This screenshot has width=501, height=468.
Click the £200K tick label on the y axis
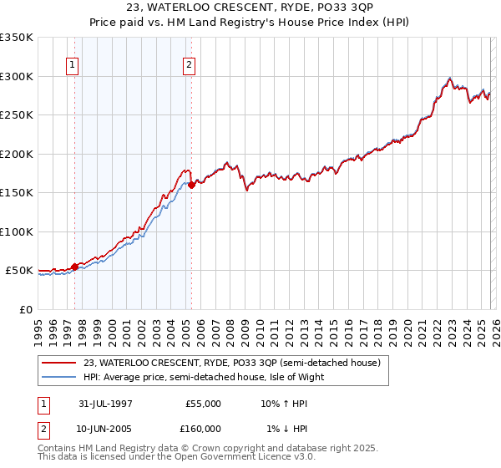pyautogui.click(x=17, y=154)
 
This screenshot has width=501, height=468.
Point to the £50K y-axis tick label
pyautogui.click(x=19, y=271)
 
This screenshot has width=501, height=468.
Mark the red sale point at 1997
pyautogui.click(x=75, y=267)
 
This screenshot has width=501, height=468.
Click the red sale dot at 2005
pyautogui.click(x=191, y=185)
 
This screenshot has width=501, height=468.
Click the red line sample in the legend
pyautogui.click(x=59, y=363)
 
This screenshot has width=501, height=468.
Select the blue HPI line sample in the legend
pyautogui.click(x=59, y=377)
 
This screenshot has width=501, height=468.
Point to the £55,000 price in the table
pyautogui.click(x=201, y=403)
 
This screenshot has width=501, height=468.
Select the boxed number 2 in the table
pyautogui.click(x=43, y=428)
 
